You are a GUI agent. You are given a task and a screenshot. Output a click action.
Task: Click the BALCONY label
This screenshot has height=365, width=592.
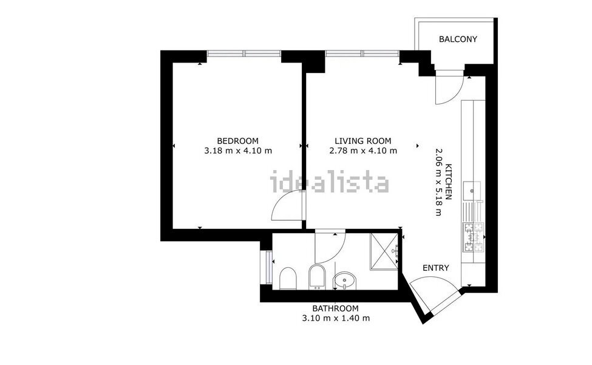[x=458, y=39]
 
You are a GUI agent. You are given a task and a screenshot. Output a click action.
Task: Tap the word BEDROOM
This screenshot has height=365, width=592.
[x=238, y=140]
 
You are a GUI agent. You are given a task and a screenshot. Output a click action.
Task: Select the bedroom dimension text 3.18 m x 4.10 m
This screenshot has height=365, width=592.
[x=238, y=151]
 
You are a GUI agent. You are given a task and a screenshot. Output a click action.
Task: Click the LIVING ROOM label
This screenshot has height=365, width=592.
[x=363, y=140]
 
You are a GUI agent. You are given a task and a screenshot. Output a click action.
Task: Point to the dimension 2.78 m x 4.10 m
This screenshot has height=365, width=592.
[x=363, y=151]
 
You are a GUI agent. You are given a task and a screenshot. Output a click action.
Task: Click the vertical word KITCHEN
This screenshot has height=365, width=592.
[x=449, y=182]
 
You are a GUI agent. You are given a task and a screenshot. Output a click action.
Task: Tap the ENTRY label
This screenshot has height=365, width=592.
[x=436, y=268]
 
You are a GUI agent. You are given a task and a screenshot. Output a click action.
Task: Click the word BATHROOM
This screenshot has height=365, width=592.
[x=335, y=308]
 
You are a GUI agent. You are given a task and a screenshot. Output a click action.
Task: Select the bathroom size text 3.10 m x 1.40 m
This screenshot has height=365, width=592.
[x=335, y=318]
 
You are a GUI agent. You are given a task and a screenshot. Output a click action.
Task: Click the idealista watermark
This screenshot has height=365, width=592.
[x=329, y=182]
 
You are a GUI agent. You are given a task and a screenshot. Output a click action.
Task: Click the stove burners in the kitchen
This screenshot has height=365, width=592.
[x=473, y=237]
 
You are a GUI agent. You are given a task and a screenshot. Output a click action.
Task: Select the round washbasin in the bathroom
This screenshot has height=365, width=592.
[x=345, y=281]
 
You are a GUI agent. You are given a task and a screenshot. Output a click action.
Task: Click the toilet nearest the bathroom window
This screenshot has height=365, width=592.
[x=288, y=279]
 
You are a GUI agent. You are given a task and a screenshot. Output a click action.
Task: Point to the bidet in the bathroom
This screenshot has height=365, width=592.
[x=318, y=276]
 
